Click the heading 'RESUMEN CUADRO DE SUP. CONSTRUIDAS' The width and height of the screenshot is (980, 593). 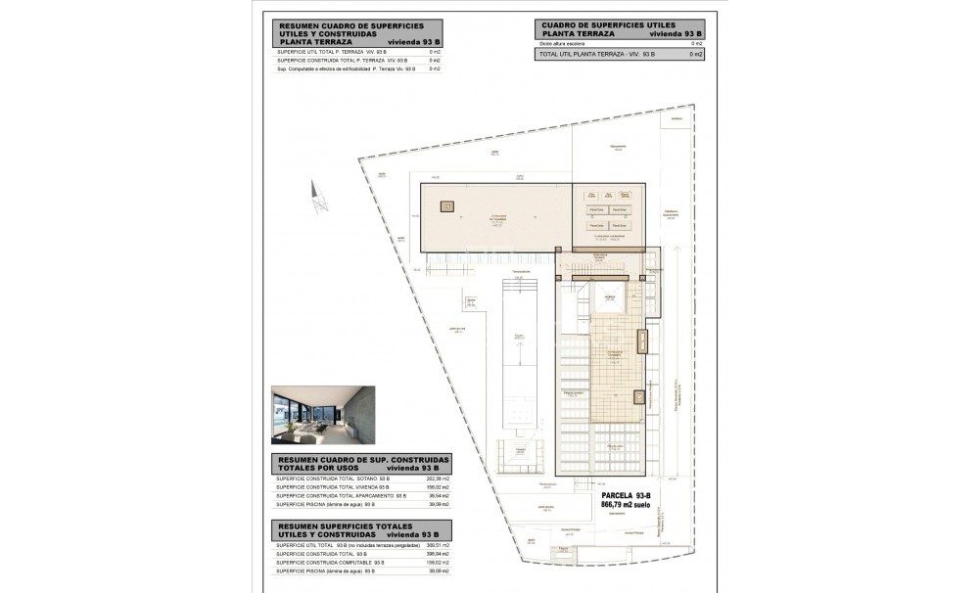pos(363,459)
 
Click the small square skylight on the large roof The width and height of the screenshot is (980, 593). pos(447,206)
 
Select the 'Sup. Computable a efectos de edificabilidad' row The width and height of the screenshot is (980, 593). pos(348,69)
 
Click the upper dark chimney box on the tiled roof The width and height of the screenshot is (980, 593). pos(642,342)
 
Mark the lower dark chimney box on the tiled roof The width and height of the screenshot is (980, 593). pos(639,397)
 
